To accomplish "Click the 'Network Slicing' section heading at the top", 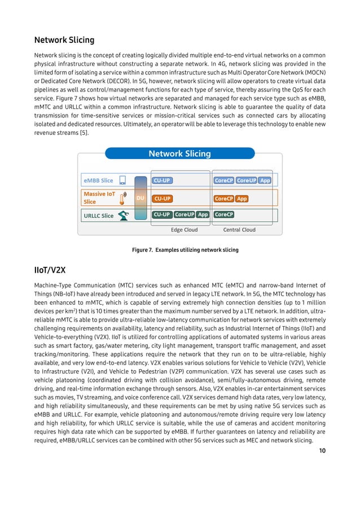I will pos(64,40).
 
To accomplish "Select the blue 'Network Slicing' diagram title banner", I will pos(179,153).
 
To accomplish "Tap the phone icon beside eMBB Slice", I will pos(123,181).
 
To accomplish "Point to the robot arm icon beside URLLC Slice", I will pos(124,216).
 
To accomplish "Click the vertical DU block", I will pos(141,199).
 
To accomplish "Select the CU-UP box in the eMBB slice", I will pos(162,181).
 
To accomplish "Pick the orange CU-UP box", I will pos(163,199).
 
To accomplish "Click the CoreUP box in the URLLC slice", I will pos(185,214).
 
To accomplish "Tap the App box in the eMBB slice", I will pos(265,181).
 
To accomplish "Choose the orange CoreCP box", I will pos(224,199).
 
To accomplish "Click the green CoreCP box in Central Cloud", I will pos(224,214).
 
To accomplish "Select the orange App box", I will pos(242,199).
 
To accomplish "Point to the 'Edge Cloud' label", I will pos(184,230).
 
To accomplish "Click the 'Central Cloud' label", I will pos(239,230).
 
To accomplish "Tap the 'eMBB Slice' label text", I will pos(99,181).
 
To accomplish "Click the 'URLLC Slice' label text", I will pos(99,216).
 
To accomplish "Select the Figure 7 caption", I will pos(185,249).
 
